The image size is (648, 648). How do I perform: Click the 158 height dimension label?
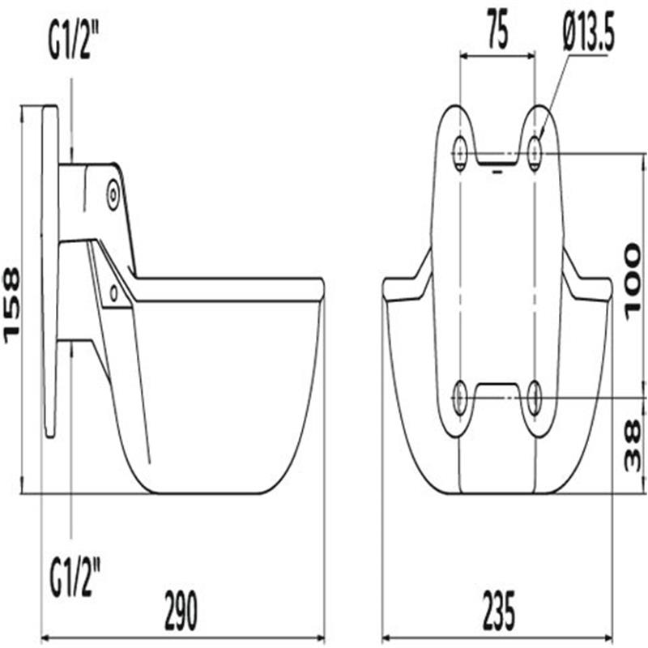(x=11, y=305)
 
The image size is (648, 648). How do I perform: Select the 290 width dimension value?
(x=181, y=610)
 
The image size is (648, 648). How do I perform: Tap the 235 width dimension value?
(x=499, y=610)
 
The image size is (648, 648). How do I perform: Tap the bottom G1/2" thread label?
(x=75, y=577)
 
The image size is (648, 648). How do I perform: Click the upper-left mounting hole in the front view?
(x=459, y=151)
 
